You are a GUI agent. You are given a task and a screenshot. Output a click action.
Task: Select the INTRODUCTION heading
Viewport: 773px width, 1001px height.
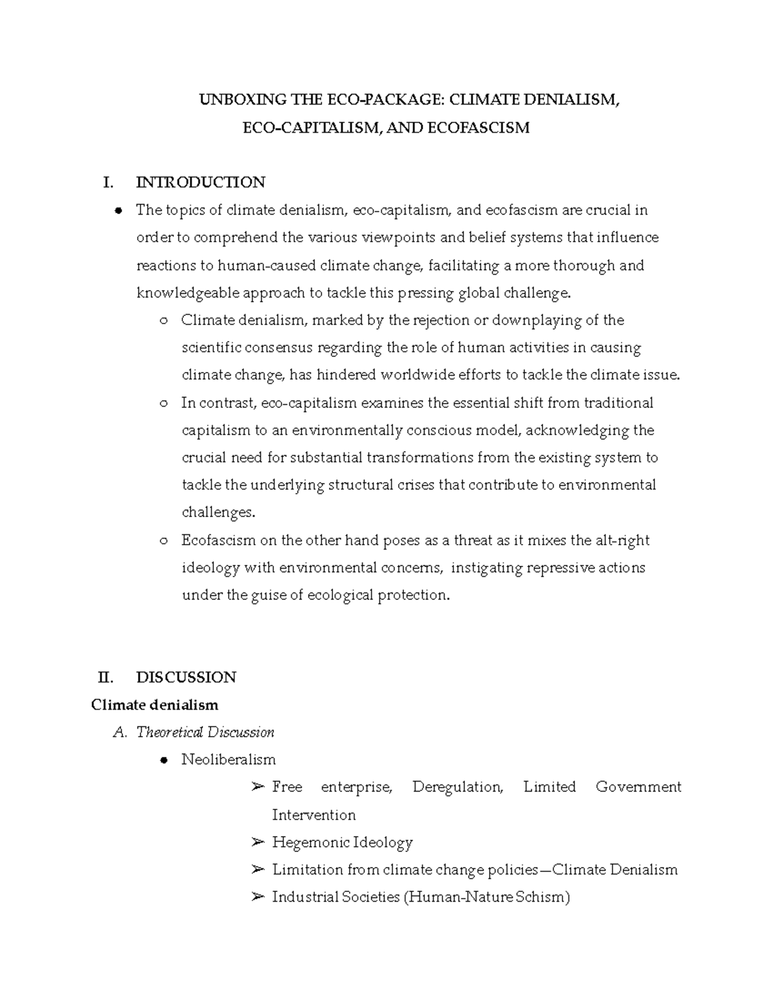pos(200,182)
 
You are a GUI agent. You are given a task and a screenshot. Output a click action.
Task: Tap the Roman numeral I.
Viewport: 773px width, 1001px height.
pos(108,182)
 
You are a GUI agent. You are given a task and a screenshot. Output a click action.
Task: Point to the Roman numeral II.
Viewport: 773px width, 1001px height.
pos(106,677)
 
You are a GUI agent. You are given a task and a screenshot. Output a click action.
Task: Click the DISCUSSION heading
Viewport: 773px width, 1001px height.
pos(186,677)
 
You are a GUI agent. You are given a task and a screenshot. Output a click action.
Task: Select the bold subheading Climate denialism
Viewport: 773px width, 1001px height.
pos(155,705)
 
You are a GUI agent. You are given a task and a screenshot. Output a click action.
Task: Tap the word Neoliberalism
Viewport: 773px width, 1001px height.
pos(228,760)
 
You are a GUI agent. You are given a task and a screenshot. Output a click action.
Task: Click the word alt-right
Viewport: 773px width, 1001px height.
pos(622,540)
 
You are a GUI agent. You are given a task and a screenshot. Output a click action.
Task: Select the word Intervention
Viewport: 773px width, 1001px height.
pos(313,815)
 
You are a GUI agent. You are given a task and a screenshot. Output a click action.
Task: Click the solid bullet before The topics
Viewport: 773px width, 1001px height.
pos(119,211)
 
